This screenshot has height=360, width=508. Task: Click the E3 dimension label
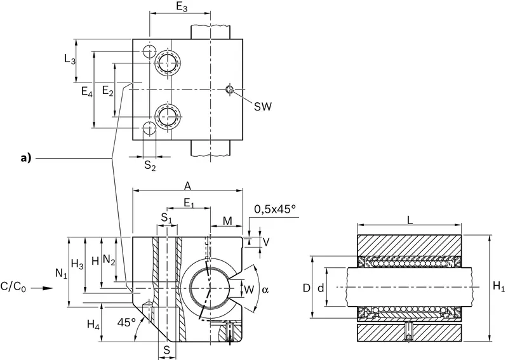(182, 7)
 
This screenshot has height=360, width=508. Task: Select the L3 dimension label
(70, 59)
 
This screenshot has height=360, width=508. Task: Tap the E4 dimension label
(87, 91)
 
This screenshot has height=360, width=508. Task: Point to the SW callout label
(262, 106)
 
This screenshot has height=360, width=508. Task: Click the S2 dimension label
(150, 166)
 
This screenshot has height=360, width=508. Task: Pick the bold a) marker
(25, 158)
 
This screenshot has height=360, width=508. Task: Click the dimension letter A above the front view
(187, 186)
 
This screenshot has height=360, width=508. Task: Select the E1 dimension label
(189, 204)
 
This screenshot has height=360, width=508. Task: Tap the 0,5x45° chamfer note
(276, 210)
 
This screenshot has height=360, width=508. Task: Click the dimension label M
(228, 221)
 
